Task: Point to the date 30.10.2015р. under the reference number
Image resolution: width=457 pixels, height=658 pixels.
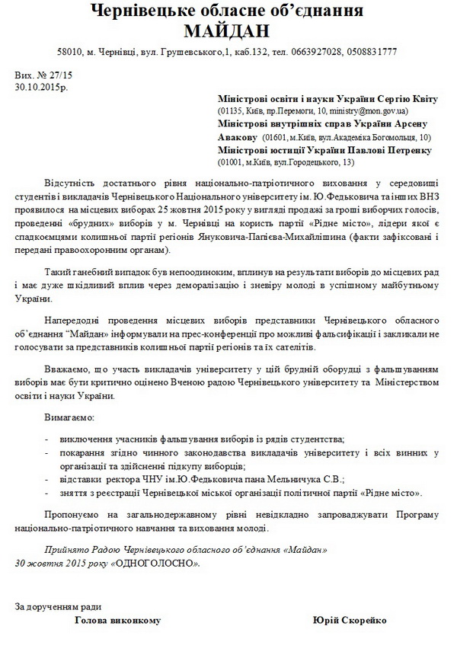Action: point(41,87)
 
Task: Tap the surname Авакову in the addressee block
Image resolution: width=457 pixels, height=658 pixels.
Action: point(238,137)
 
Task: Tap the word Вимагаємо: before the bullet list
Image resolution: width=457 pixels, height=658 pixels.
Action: point(69,418)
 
